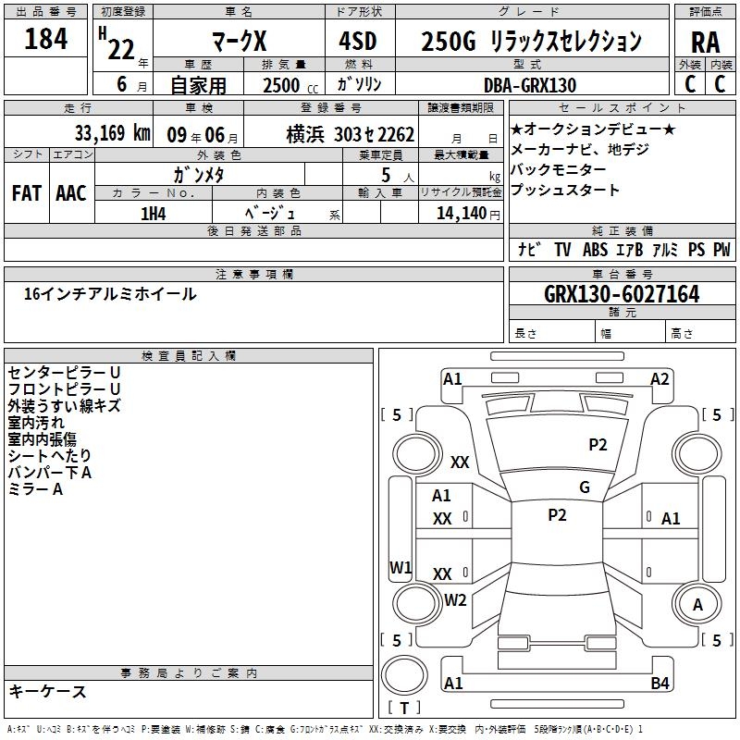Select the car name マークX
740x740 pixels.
[239, 43]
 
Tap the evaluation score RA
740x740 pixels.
[705, 43]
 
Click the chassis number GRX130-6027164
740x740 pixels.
[622, 295]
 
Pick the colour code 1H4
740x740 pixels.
[154, 213]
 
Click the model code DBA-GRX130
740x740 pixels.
[530, 85]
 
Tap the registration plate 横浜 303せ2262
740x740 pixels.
[336, 134]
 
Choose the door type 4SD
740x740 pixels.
[359, 43]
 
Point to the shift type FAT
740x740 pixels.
[27, 193]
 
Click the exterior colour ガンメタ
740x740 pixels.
[199, 174]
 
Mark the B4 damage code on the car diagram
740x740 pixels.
[660, 684]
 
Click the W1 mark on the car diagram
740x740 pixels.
[401, 566]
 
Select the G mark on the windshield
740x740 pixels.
[585, 487]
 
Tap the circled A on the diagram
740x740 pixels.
[698, 605]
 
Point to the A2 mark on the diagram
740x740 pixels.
[660, 378]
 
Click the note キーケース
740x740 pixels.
[47, 691]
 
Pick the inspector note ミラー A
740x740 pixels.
[35, 489]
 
